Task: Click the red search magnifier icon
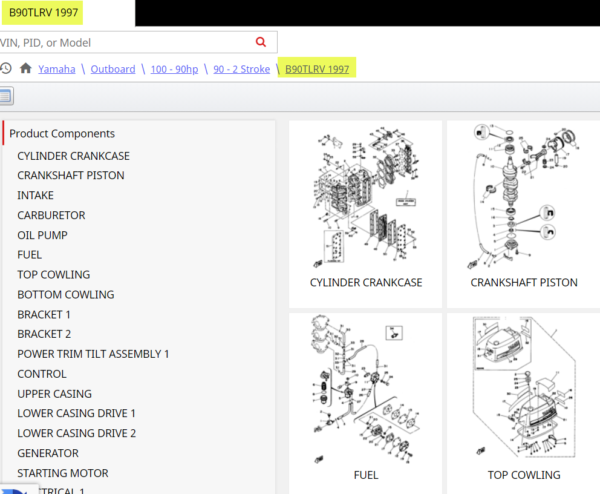pos(261,42)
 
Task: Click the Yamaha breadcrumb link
pos(57,69)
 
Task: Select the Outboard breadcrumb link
pos(113,69)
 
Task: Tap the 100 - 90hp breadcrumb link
pos(174,69)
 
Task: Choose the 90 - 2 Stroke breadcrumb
pos(241,69)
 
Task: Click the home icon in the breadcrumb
pos(25,68)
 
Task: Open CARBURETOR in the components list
pos(51,216)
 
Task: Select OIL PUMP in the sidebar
pos(42,235)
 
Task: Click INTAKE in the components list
pos(36,196)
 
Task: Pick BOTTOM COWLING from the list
pos(66,295)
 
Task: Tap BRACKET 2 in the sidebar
pos(44,334)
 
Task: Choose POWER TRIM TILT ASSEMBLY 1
pos(93,354)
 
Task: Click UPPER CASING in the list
pos(54,394)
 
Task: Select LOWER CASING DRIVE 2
pos(77,433)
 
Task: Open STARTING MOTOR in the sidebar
pos(63,473)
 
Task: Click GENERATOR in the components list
pos(48,453)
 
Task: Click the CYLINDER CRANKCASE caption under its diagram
pos(366,283)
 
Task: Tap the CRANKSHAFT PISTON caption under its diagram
pos(524,283)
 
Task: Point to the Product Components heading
pos(62,134)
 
